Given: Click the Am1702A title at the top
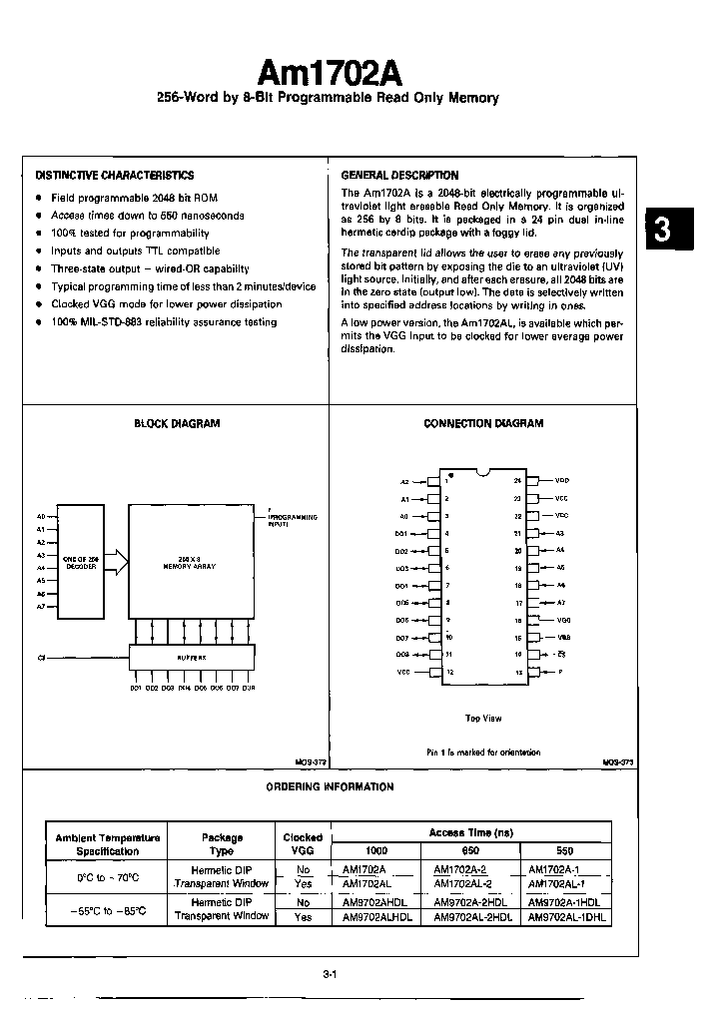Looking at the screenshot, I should (x=331, y=72).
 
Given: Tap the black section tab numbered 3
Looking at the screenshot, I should (x=663, y=230).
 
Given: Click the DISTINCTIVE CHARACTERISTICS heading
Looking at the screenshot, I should (x=115, y=175).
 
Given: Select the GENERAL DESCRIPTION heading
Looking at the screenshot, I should (x=399, y=175).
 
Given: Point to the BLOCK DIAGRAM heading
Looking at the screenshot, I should (x=177, y=423).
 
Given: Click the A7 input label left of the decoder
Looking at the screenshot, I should (x=41, y=606).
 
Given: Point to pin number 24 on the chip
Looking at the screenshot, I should (x=517, y=480).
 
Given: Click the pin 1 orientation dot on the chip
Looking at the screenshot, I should (x=451, y=475).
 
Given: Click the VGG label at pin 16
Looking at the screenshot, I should (x=563, y=620).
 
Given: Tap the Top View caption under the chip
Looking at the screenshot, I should (x=482, y=718).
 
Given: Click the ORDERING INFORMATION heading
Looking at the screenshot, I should (x=330, y=786).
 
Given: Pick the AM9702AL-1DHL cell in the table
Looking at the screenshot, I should (x=564, y=916).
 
